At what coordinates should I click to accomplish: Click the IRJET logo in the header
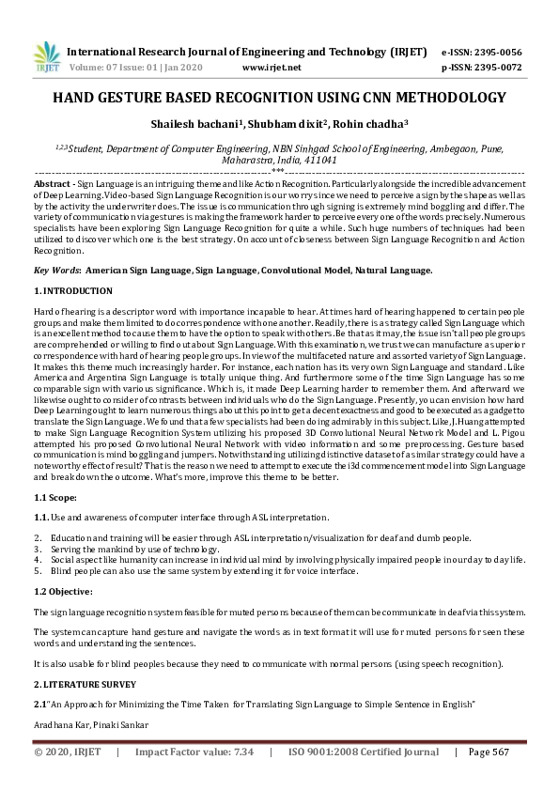pyautogui.click(x=44, y=58)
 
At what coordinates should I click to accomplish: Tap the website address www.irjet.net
pyautogui.click(x=272, y=69)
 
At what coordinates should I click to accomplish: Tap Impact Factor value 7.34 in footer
pyautogui.click(x=194, y=752)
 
